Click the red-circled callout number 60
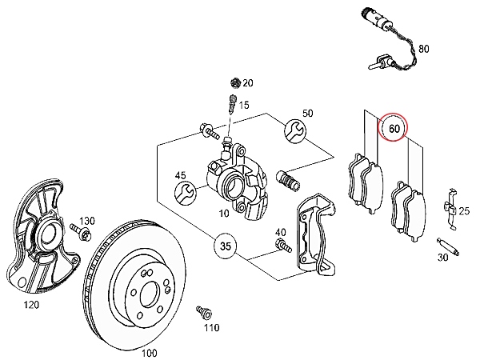click(x=393, y=128)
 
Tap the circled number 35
click(x=226, y=246)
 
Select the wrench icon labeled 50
click(x=295, y=130)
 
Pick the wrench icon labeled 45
click(x=186, y=193)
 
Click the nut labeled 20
click(x=235, y=82)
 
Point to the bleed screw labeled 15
click(x=232, y=104)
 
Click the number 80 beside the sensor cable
click(x=424, y=49)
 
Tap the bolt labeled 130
click(x=80, y=232)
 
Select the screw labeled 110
click(x=204, y=312)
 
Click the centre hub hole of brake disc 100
click(x=150, y=294)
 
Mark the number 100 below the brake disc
click(x=149, y=353)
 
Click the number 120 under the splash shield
click(x=31, y=305)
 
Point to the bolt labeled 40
click(x=283, y=246)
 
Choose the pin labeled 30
click(x=448, y=246)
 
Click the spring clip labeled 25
click(x=450, y=209)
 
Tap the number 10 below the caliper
click(x=224, y=213)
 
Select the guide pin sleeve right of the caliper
click(x=288, y=181)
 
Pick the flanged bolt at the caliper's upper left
click(x=210, y=131)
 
